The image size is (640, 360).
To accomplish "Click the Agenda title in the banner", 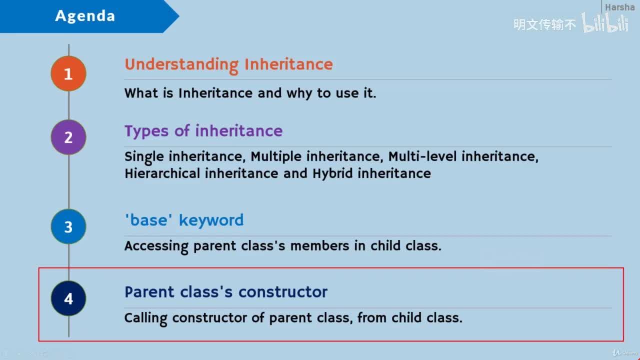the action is (x=85, y=15).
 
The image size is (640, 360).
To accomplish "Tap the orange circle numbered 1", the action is (x=68, y=73).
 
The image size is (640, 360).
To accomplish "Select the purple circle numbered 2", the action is (x=68, y=137).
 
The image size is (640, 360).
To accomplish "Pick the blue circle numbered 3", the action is (x=68, y=226).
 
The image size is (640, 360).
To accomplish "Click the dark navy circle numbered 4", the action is (x=68, y=298).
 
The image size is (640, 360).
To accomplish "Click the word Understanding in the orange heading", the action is (x=181, y=65).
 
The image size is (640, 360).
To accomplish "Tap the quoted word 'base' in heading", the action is (x=148, y=220).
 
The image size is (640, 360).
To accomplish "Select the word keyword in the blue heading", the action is (x=211, y=221).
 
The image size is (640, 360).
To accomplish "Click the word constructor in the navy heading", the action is (x=283, y=292).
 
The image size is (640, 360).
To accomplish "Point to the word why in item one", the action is (x=299, y=93).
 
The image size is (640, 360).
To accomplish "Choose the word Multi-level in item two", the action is (x=422, y=156).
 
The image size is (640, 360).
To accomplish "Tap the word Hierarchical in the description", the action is (x=162, y=173).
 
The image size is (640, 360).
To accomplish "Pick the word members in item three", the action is (x=319, y=246).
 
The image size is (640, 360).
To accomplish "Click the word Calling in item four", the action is (x=146, y=318).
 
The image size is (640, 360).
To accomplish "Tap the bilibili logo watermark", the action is (x=605, y=22).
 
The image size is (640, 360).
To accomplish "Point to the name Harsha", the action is (x=619, y=7).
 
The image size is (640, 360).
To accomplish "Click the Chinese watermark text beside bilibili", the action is (x=544, y=24).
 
